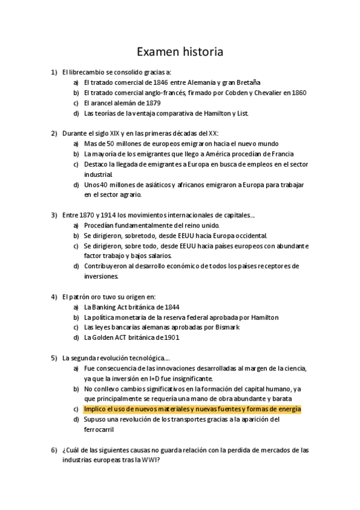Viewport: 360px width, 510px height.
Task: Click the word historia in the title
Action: tap(201, 52)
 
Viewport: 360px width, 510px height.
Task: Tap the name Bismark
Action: tap(225, 327)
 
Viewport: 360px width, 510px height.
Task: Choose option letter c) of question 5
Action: tap(76, 409)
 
